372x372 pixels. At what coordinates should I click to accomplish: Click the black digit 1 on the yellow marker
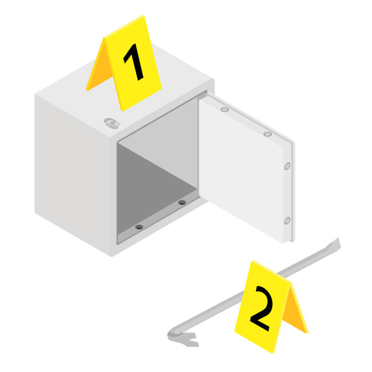tap(135, 61)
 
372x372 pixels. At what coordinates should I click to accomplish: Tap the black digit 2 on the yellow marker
tap(261, 308)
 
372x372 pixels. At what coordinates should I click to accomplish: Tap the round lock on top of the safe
tap(111, 123)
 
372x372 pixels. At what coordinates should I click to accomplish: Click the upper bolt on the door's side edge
tap(288, 166)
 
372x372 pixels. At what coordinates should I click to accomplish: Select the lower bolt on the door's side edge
tap(288, 221)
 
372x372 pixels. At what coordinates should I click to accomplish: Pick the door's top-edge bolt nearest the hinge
tap(225, 109)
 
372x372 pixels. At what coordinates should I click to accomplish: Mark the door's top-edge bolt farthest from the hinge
tap(267, 134)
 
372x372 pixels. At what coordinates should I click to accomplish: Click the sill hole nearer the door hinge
tap(182, 202)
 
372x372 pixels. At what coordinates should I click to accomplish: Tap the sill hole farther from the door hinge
tap(139, 227)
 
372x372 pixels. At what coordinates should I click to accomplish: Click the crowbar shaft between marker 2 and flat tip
tap(308, 261)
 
